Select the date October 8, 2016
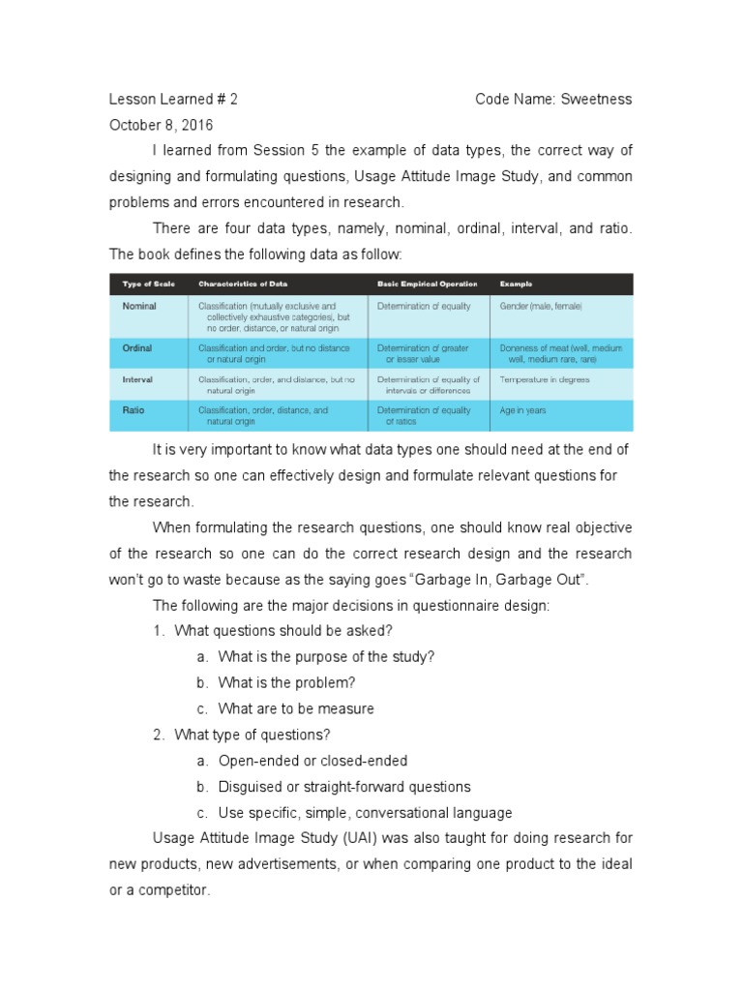(162, 125)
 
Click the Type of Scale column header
(148, 284)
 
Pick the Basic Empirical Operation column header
(427, 284)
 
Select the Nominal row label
(139, 306)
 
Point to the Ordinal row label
(137, 347)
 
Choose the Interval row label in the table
(137, 379)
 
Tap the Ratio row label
(134, 410)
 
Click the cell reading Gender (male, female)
(542, 306)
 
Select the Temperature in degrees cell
(545, 379)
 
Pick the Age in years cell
(523, 410)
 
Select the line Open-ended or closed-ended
(312, 761)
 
